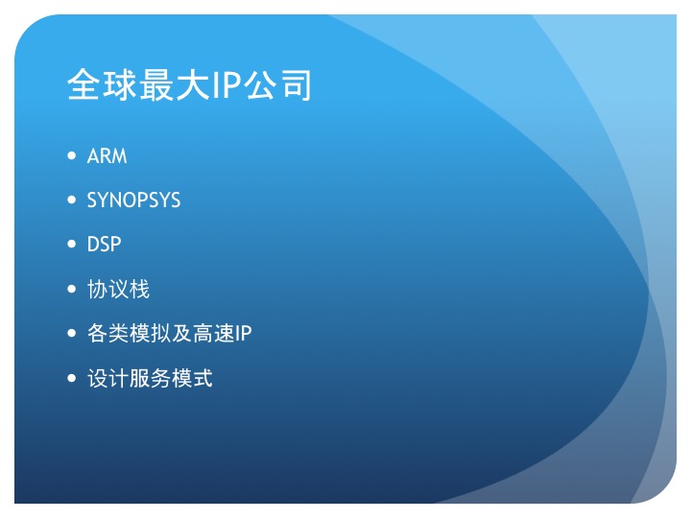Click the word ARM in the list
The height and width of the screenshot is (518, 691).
pyautogui.click(x=107, y=156)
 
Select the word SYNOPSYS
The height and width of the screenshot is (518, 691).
pyautogui.click(x=133, y=200)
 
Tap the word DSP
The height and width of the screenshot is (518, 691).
pyautogui.click(x=104, y=245)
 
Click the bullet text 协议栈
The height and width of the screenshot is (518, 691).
pyautogui.click(x=119, y=289)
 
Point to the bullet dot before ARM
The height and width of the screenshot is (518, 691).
pyautogui.click(x=72, y=155)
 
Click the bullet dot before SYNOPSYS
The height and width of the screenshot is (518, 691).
pyautogui.click(x=72, y=200)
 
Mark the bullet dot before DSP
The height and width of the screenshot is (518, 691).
pyautogui.click(x=72, y=244)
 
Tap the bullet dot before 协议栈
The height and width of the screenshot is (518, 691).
pyautogui.click(x=72, y=289)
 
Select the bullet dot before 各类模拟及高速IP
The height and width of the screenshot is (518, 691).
pyautogui.click(x=72, y=333)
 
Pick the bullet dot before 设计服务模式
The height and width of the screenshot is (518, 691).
pyautogui.click(x=72, y=378)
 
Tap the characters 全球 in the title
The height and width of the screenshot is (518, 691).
pyautogui.click(x=103, y=84)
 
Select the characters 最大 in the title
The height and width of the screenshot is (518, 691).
pyautogui.click(x=174, y=84)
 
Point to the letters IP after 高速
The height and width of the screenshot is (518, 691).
pyautogui.click(x=243, y=334)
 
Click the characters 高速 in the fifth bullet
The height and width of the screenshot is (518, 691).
pyautogui.click(x=214, y=334)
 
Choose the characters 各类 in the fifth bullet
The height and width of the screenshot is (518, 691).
pyautogui.click(x=107, y=334)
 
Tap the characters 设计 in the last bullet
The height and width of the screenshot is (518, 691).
pyautogui.click(x=107, y=378)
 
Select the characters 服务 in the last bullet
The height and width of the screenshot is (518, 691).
pyautogui.click(x=151, y=378)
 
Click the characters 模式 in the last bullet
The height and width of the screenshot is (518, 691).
pyautogui.click(x=192, y=378)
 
